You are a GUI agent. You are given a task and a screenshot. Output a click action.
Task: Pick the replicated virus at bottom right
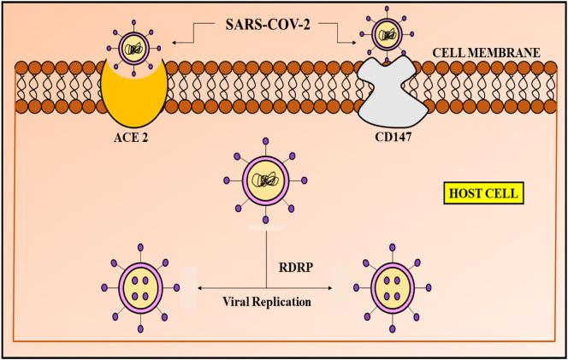[385, 288]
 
